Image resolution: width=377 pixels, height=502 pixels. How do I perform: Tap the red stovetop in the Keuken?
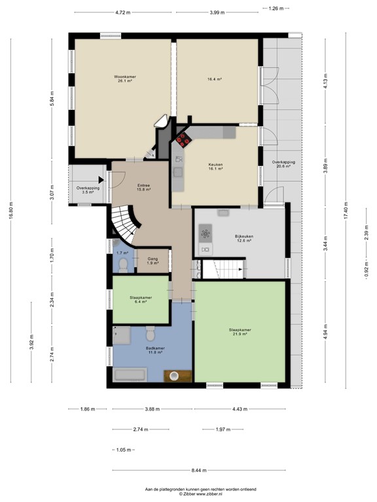click(182, 139)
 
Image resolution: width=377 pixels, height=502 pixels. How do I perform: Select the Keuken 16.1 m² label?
click(216, 167)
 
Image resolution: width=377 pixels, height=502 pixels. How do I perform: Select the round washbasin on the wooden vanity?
click(175, 376)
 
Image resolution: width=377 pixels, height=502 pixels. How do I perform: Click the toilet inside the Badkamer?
click(150, 335)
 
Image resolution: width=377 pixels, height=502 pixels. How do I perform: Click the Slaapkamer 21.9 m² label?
click(240, 332)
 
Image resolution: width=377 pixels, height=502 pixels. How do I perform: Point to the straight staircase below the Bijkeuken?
click(223, 269)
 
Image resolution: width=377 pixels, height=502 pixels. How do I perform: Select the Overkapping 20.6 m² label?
click(283, 164)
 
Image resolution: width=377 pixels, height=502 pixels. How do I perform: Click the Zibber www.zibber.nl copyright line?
click(188, 494)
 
